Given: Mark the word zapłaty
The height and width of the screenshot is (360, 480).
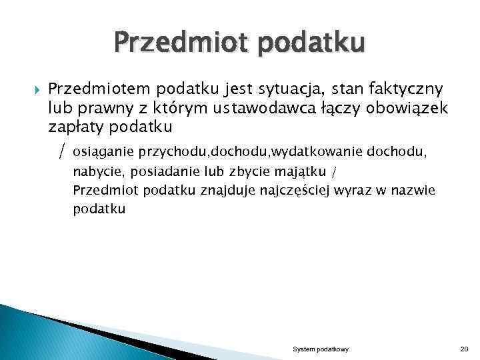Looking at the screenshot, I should pos(73,126).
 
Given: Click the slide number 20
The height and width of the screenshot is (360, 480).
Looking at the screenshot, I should pos(465,349).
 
